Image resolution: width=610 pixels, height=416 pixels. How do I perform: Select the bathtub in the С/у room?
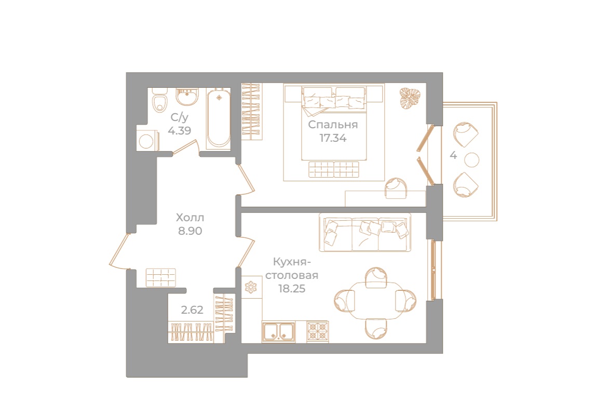[x=218, y=118]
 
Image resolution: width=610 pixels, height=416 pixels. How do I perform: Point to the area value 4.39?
[x=179, y=130]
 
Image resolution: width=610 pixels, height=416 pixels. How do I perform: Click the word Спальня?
[x=333, y=125]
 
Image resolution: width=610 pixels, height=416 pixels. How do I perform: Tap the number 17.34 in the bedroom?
[x=333, y=138]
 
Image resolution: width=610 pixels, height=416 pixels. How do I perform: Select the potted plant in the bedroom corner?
[x=410, y=98]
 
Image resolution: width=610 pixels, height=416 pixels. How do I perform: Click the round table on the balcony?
[x=471, y=160]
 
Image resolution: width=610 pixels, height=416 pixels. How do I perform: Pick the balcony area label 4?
[x=453, y=155]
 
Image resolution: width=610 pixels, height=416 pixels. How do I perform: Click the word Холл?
[x=190, y=217]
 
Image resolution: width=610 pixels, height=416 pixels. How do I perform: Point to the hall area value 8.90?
[x=190, y=231]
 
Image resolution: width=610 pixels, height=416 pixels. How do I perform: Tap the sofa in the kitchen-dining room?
[x=365, y=232]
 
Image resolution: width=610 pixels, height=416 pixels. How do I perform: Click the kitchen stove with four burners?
[x=317, y=331]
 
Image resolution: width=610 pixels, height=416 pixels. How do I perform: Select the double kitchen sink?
[x=278, y=331]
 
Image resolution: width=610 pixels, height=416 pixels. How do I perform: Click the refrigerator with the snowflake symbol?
[x=251, y=287]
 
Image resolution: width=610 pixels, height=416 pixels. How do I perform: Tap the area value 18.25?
[x=291, y=288]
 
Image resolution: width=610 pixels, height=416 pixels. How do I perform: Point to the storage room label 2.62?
[x=192, y=310]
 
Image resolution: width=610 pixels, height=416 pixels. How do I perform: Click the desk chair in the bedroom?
[x=396, y=189]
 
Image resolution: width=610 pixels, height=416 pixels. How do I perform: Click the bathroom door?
[x=185, y=147]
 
